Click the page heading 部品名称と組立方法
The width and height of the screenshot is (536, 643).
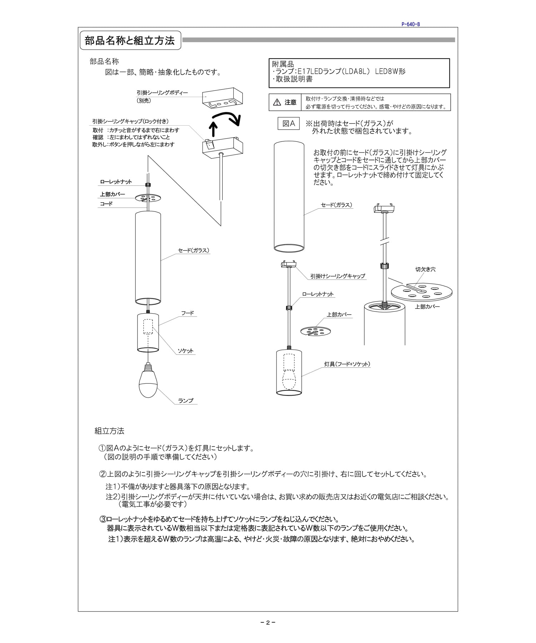pyautogui.click(x=130, y=41)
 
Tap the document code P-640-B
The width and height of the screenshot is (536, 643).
pyautogui.click(x=411, y=24)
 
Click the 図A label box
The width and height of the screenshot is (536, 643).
pyautogui.click(x=288, y=124)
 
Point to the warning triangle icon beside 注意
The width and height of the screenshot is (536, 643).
pyautogui.click(x=277, y=103)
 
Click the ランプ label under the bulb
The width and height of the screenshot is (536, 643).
pyautogui.click(x=186, y=401)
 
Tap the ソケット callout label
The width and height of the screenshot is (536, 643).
pyautogui.click(x=185, y=351)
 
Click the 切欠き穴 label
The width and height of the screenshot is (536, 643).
pyautogui.click(x=425, y=269)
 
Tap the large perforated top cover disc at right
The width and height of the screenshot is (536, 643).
pyautogui.click(x=422, y=291)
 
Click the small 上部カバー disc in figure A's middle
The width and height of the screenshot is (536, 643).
pyautogui.click(x=316, y=331)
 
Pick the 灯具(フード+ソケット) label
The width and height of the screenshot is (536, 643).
pyautogui.click(x=347, y=364)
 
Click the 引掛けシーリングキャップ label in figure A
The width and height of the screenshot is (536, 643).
pyautogui.click(x=337, y=276)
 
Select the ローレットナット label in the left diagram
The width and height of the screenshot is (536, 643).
pyautogui.click(x=116, y=182)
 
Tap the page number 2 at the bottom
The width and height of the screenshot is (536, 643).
pyautogui.click(x=268, y=623)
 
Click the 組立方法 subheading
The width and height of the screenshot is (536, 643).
pyautogui.click(x=109, y=431)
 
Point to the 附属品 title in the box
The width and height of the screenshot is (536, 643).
pyautogui.click(x=283, y=64)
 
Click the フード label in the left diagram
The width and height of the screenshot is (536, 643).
pyautogui.click(x=187, y=313)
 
